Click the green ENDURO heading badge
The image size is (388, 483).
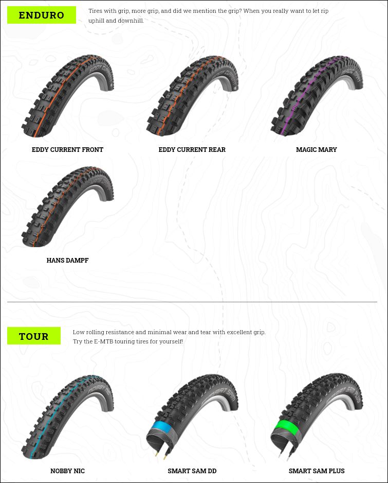click(42, 15)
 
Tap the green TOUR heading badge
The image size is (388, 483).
click(34, 336)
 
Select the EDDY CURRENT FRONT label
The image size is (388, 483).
click(68, 150)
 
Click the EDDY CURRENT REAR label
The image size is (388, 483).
click(192, 150)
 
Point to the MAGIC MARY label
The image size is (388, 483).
click(317, 150)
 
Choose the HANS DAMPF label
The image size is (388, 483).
click(68, 260)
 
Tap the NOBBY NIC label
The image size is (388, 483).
click(68, 471)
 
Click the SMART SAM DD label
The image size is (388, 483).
click(192, 471)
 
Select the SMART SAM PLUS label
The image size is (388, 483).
click(317, 471)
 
